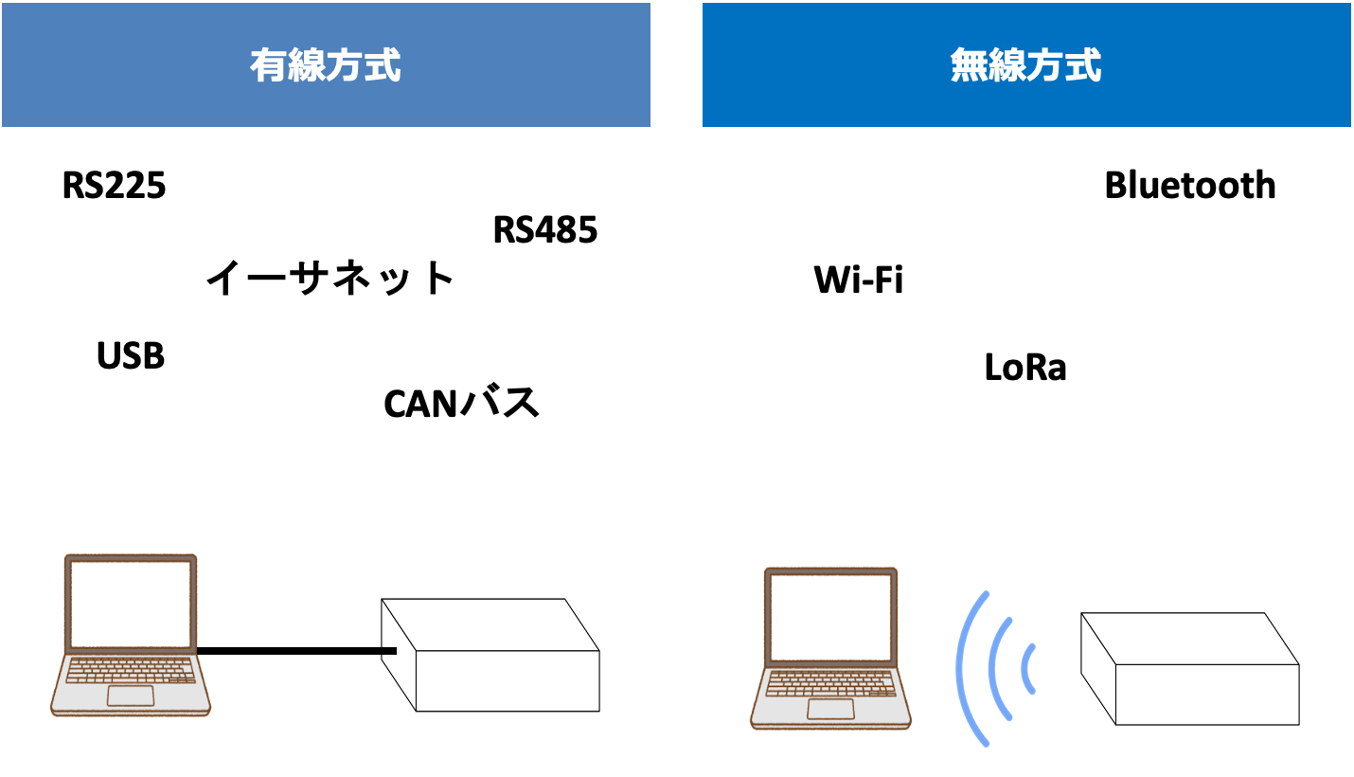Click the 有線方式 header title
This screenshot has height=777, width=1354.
pos(326,66)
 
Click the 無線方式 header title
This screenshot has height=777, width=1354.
pos(1026,66)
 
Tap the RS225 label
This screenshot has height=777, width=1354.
pos(115,186)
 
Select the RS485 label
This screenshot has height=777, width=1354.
pos(545,230)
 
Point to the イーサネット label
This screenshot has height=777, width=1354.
pos(330,279)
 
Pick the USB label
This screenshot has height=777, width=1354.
pos(131,356)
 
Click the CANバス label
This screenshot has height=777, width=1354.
pos(461,404)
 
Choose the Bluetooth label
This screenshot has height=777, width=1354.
pos(1190,186)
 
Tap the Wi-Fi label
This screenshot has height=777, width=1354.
pos(859,280)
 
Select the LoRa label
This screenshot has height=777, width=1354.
pos(1025,368)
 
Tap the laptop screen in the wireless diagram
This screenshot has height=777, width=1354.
pos(830,617)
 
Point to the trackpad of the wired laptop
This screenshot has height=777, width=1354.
pos(131,696)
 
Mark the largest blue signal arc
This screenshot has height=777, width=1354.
pos(967,668)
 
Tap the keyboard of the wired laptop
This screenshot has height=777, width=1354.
pos(131,671)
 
